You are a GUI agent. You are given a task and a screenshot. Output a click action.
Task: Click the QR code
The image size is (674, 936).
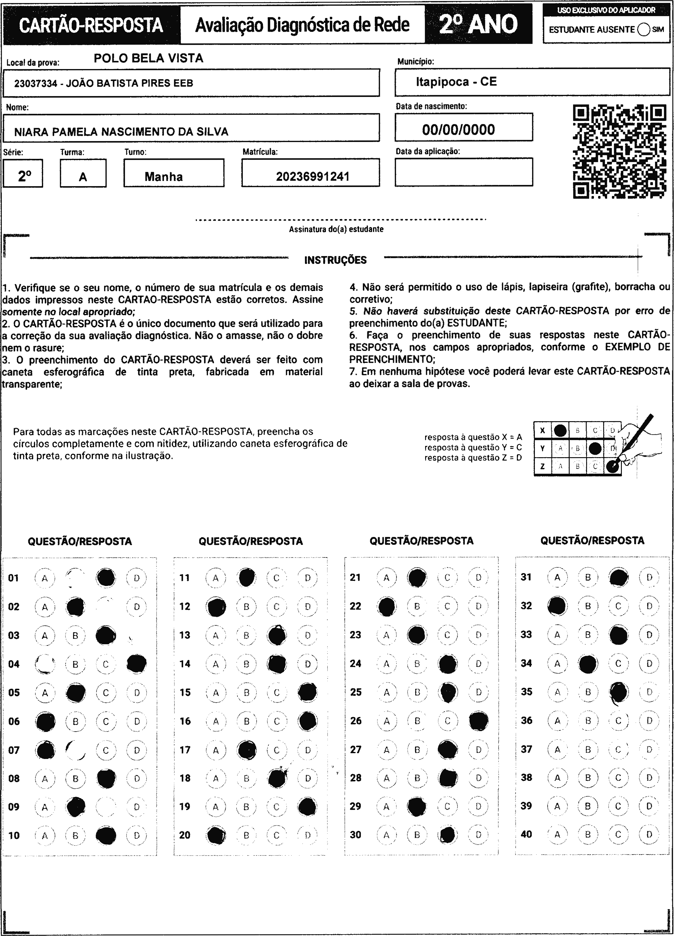620,152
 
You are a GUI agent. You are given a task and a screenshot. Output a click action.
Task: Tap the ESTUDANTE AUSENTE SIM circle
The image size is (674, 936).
643,30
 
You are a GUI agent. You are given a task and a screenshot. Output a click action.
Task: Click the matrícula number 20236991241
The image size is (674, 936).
312,177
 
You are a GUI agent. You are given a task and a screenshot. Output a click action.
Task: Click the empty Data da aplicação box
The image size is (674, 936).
464,172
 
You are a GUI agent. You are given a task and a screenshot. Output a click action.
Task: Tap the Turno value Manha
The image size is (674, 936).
164,177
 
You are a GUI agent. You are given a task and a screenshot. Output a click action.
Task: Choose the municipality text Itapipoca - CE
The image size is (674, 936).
456,82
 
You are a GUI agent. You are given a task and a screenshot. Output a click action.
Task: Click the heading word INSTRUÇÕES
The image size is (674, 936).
335,260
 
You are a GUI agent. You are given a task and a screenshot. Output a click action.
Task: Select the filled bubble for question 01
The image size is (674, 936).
106,578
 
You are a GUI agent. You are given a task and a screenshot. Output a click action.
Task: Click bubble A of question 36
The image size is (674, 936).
557,720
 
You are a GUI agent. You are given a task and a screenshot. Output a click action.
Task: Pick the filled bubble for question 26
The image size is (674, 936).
479,720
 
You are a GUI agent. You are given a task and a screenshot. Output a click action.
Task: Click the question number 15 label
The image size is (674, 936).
185,692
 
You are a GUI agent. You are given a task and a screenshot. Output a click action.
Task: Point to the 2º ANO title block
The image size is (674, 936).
478,24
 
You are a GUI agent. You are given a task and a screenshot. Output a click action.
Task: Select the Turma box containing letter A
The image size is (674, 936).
83,173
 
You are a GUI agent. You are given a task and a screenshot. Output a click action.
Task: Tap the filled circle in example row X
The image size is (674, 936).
560,430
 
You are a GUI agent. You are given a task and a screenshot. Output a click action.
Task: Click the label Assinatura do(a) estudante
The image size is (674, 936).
336,229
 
